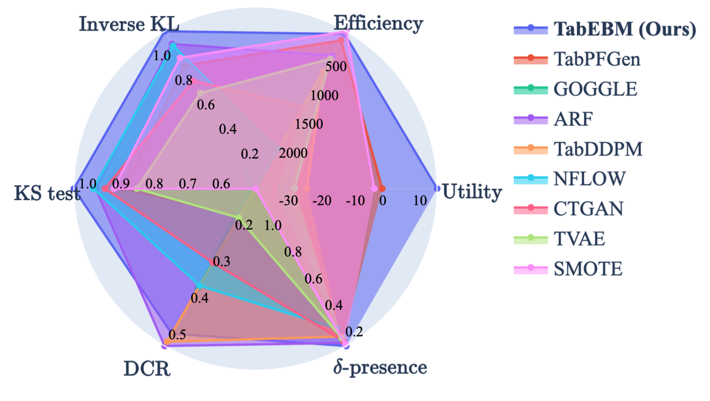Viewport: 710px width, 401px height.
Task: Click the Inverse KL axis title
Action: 129,24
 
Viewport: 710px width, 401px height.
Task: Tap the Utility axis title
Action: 472,192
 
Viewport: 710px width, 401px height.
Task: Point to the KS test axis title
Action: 47,193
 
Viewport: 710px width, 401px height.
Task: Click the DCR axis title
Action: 147,369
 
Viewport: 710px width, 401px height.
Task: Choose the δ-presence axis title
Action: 380,367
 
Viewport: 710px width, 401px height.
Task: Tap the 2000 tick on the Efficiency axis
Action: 293,153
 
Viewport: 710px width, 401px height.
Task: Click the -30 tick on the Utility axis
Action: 288,200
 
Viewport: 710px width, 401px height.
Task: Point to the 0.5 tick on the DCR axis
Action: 177,335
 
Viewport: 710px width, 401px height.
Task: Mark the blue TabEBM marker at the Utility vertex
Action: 437,189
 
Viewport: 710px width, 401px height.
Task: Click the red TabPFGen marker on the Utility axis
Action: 382,189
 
